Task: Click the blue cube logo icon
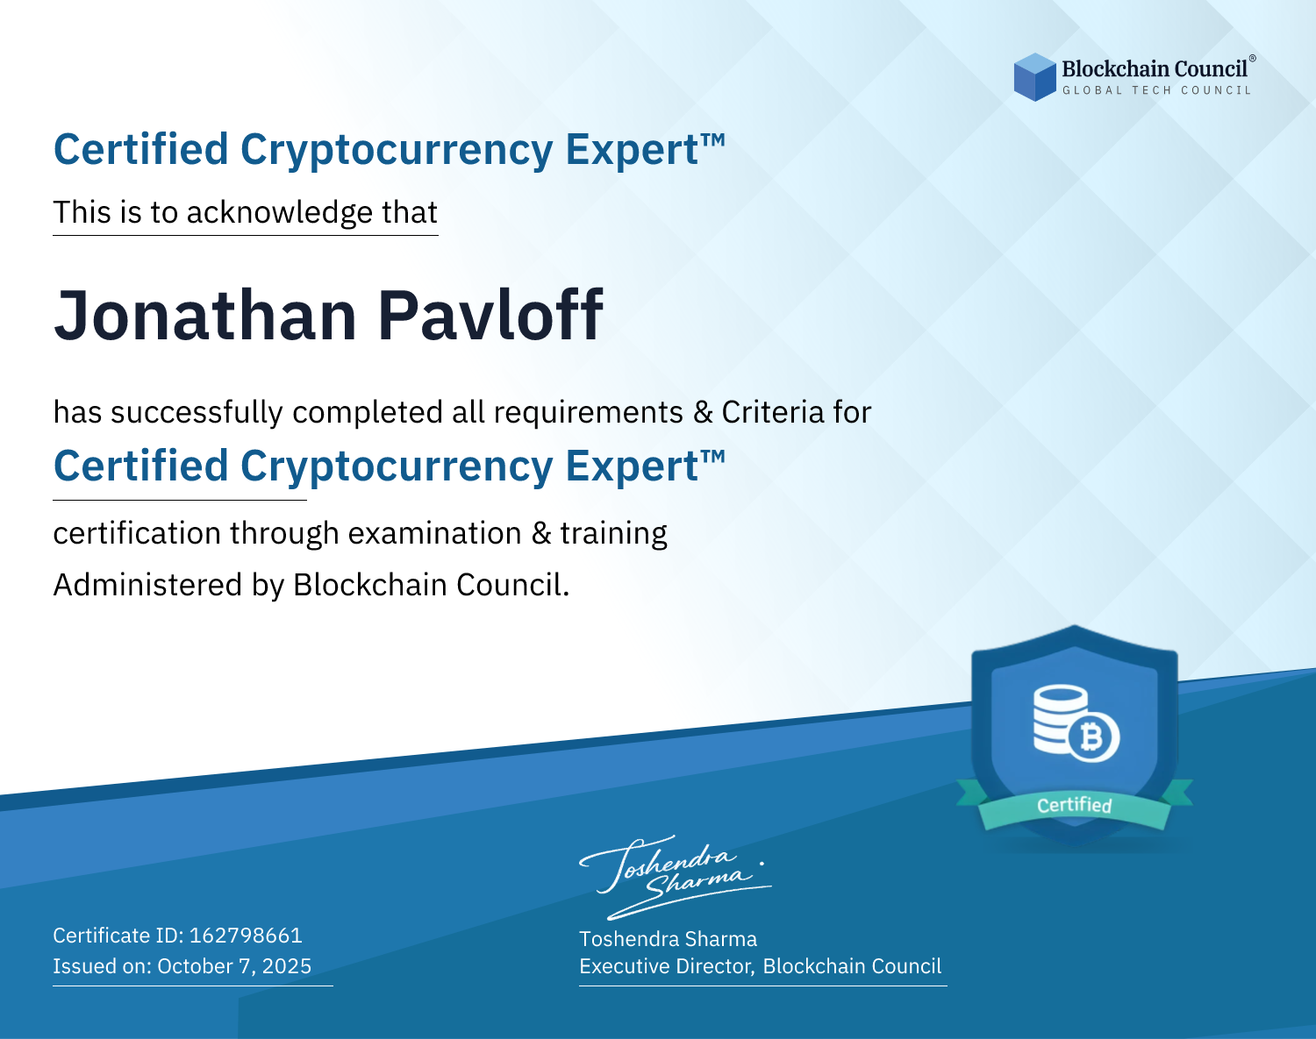[x=1034, y=77]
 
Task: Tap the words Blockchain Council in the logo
[x=1155, y=69]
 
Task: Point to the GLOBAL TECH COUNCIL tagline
[x=1156, y=90]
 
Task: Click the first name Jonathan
[x=205, y=316]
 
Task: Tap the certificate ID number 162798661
[x=246, y=935]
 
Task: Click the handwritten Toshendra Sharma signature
[x=676, y=877]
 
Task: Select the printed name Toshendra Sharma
[x=668, y=939]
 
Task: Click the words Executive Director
[x=665, y=966]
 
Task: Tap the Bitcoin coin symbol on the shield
[x=1092, y=737]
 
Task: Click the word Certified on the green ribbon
[x=1075, y=806]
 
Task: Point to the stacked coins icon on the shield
[x=1061, y=719]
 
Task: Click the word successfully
[x=197, y=413]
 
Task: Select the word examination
[x=435, y=533]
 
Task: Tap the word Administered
[x=147, y=585]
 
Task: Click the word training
[x=613, y=534]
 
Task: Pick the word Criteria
[x=772, y=412]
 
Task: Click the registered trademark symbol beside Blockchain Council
[x=1253, y=59]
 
